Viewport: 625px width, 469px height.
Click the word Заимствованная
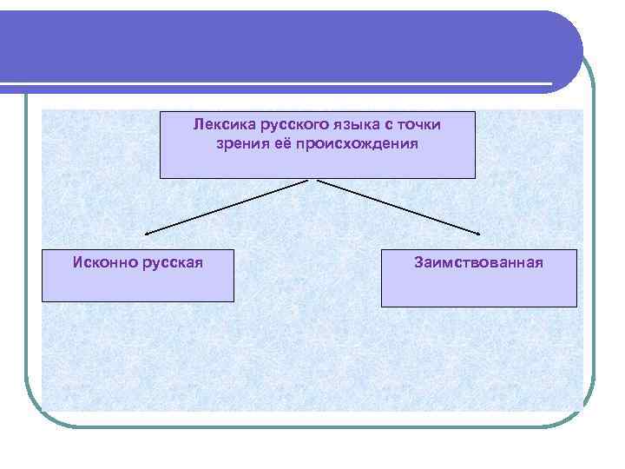(x=478, y=261)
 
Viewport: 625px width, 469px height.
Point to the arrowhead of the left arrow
(x=147, y=234)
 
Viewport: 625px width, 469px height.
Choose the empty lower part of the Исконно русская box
(x=137, y=285)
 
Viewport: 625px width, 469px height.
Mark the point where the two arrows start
(x=313, y=181)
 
